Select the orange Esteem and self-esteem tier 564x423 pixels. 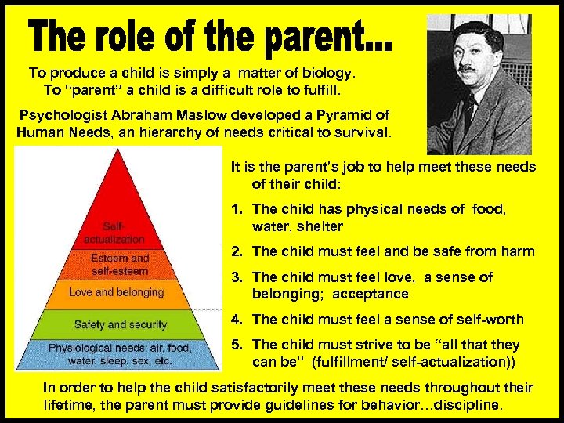120,263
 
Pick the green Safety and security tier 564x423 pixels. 120,324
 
